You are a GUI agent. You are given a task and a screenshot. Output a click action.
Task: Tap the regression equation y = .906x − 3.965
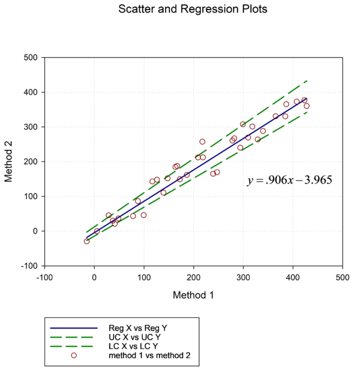(x=290, y=180)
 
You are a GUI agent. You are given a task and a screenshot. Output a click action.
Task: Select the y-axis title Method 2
(x=10, y=161)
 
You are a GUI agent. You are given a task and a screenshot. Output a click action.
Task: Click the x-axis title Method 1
(x=193, y=295)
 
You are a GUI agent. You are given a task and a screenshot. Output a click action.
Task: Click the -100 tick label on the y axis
(x=29, y=266)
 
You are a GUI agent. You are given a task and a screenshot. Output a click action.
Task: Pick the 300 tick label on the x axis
(x=243, y=278)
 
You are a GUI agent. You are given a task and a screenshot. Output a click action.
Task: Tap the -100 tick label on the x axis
(x=44, y=278)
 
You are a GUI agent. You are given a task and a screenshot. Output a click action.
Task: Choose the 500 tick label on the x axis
(x=343, y=278)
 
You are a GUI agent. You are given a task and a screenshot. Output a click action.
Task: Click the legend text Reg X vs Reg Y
(x=133, y=328)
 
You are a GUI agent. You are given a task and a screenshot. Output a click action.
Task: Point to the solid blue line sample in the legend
(x=74, y=328)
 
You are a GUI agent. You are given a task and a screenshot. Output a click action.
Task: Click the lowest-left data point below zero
(x=86, y=241)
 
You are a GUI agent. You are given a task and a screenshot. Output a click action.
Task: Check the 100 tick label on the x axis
(x=144, y=278)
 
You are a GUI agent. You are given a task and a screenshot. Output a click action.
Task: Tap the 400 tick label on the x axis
(x=293, y=278)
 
